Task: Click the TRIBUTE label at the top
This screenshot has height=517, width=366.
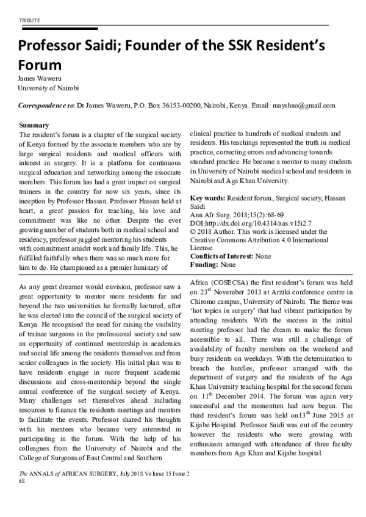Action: click(29, 20)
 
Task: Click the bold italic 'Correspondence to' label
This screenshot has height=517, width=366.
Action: click(46, 105)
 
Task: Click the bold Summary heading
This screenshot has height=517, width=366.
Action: click(35, 125)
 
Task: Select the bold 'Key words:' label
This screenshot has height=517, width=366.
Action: click(208, 199)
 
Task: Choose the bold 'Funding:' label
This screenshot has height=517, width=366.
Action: click(205, 266)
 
